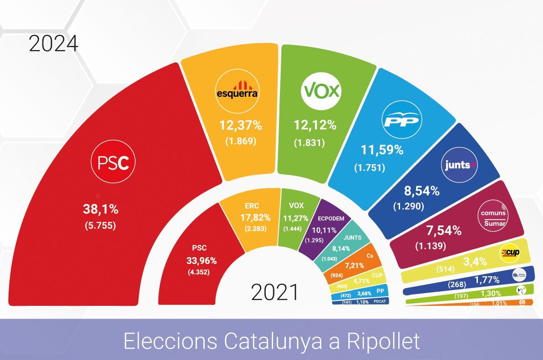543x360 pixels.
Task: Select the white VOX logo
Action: point(321,91)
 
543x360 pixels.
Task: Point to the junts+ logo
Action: point(460,165)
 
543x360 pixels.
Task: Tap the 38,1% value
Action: point(101,209)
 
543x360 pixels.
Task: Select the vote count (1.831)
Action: point(309,142)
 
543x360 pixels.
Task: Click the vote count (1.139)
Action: point(430,246)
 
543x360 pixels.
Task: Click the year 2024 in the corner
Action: point(54,44)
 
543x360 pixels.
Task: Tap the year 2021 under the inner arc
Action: point(275,293)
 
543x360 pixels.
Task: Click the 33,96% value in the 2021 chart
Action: point(200,261)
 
